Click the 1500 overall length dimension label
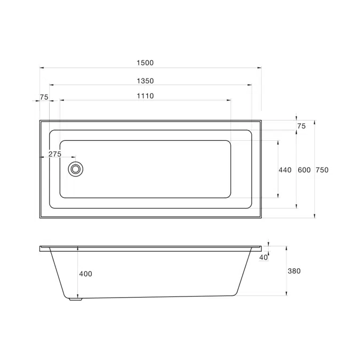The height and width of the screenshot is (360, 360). (145, 62)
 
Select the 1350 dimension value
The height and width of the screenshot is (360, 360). (145, 81)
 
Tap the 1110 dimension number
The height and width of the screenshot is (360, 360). (145, 96)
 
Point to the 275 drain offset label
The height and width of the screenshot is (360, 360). (55, 154)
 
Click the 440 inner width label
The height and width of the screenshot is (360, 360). (285, 170)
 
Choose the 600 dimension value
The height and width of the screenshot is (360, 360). (303, 170)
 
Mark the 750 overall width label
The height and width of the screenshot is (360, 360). (322, 170)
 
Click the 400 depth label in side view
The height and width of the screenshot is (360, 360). (85, 274)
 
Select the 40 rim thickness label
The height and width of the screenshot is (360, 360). (263, 258)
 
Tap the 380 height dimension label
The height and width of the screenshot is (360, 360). (294, 271)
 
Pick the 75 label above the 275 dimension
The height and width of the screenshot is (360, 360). (44, 97)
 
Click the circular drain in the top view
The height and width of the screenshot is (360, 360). (76, 169)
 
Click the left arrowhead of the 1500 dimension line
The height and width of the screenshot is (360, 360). (42, 68)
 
